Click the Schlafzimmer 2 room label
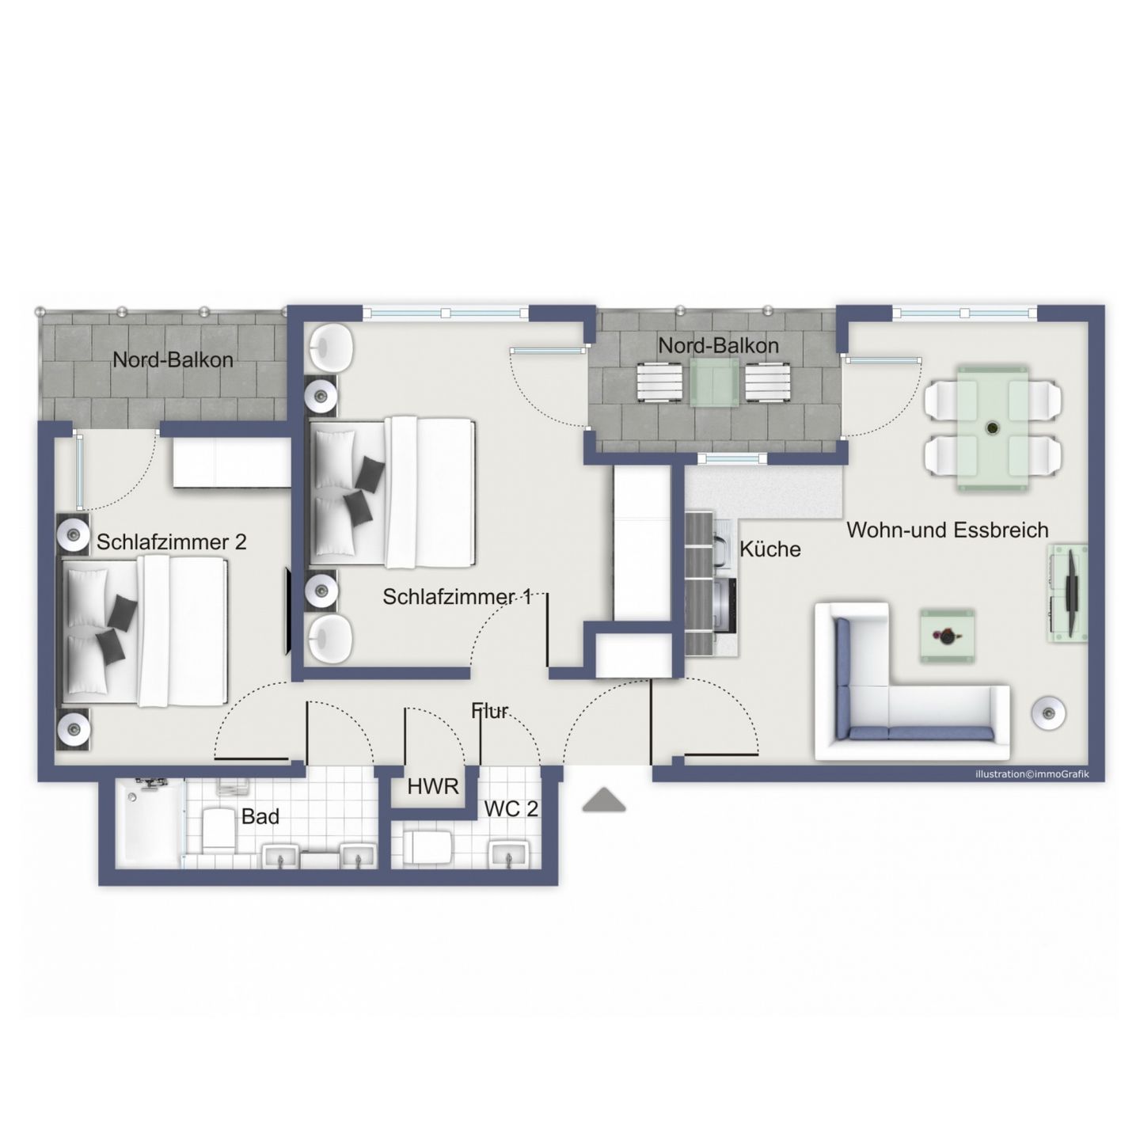click(x=171, y=542)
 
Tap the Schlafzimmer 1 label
click(x=456, y=597)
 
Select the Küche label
click(x=769, y=549)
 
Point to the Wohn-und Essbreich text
click(x=947, y=530)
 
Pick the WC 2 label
click(x=511, y=809)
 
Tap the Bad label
click(x=260, y=816)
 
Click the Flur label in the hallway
click(x=490, y=711)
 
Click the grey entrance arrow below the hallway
click(x=603, y=801)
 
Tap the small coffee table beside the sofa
click(x=947, y=636)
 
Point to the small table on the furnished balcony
click(x=714, y=382)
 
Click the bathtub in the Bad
click(x=149, y=823)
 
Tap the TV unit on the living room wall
click(x=1068, y=594)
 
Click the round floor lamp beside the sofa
click(x=1049, y=712)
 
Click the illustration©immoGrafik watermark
click(x=1032, y=773)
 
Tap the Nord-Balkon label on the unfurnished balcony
click(x=173, y=359)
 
